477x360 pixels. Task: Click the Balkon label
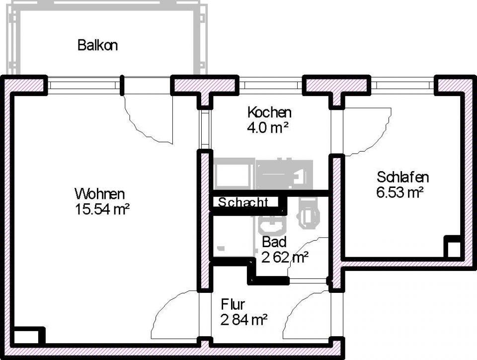tap(97, 45)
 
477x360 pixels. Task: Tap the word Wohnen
tap(99, 193)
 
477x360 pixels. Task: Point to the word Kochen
tap(269, 112)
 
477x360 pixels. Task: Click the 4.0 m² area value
tap(268, 127)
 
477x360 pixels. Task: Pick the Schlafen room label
tap(402, 177)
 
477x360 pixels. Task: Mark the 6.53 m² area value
tap(400, 192)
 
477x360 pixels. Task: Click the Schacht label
tap(243, 203)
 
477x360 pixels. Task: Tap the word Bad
tap(274, 242)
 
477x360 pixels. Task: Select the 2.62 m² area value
tap(285, 257)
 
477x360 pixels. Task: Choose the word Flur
tap(233, 304)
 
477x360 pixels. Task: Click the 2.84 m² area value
tap(244, 319)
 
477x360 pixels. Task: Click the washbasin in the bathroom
tap(271, 227)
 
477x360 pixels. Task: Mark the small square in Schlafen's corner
tap(453, 248)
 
